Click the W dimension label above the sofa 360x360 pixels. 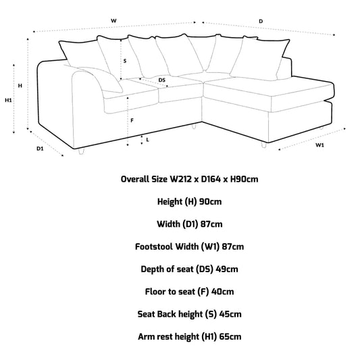click(x=113, y=21)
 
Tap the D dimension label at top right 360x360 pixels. click(x=261, y=22)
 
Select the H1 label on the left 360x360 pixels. click(x=8, y=101)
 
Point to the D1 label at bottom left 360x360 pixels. click(x=40, y=149)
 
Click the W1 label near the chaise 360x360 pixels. click(x=319, y=145)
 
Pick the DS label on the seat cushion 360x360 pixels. click(x=162, y=80)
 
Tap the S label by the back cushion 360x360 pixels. click(x=125, y=61)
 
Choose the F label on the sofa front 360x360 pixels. click(x=132, y=120)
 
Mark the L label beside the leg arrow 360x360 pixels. click(x=148, y=140)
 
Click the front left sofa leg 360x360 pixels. click(x=82, y=151)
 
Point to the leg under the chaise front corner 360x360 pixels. click(x=264, y=145)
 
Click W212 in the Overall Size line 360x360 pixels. click(x=180, y=179)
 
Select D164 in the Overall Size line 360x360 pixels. click(x=211, y=179)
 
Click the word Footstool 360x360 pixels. click(x=154, y=247)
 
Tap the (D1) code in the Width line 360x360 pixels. click(x=190, y=224)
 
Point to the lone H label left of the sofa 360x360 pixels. click(x=20, y=86)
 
